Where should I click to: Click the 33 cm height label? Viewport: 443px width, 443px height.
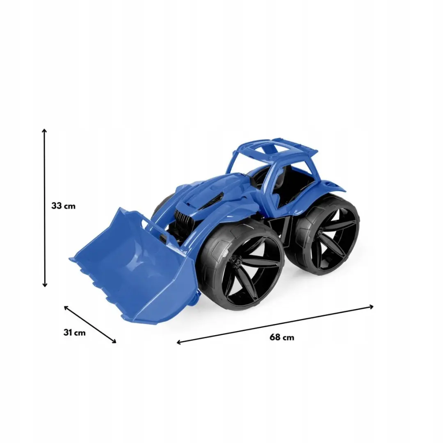pyautogui.click(x=63, y=206)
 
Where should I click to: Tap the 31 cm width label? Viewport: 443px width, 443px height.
pyautogui.click(x=74, y=332)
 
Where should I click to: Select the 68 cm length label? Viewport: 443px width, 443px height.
pyautogui.click(x=282, y=337)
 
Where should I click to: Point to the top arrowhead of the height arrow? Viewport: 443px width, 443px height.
pyautogui.click(x=44, y=130)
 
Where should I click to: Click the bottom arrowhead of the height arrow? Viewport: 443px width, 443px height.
pyautogui.click(x=44, y=285)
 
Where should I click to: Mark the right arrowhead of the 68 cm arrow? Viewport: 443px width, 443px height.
pyautogui.click(x=371, y=307)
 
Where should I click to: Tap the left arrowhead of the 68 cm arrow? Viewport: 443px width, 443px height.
pyautogui.click(x=179, y=343)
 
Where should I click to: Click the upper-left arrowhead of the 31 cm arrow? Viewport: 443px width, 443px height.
pyautogui.click(x=66, y=307)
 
